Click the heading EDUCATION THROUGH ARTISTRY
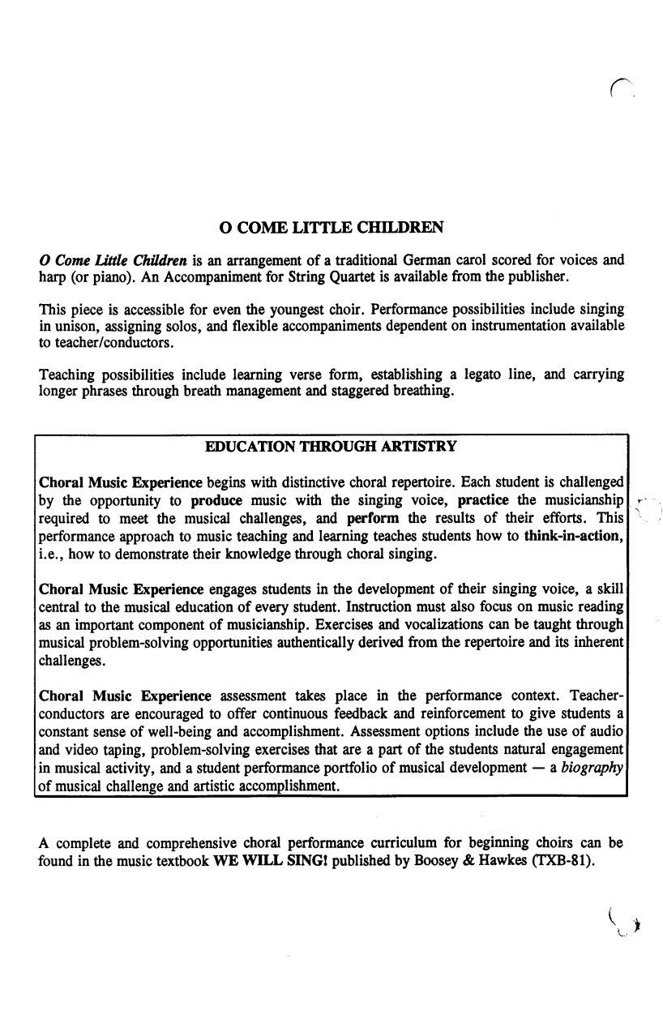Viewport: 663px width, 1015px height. tap(331, 447)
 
